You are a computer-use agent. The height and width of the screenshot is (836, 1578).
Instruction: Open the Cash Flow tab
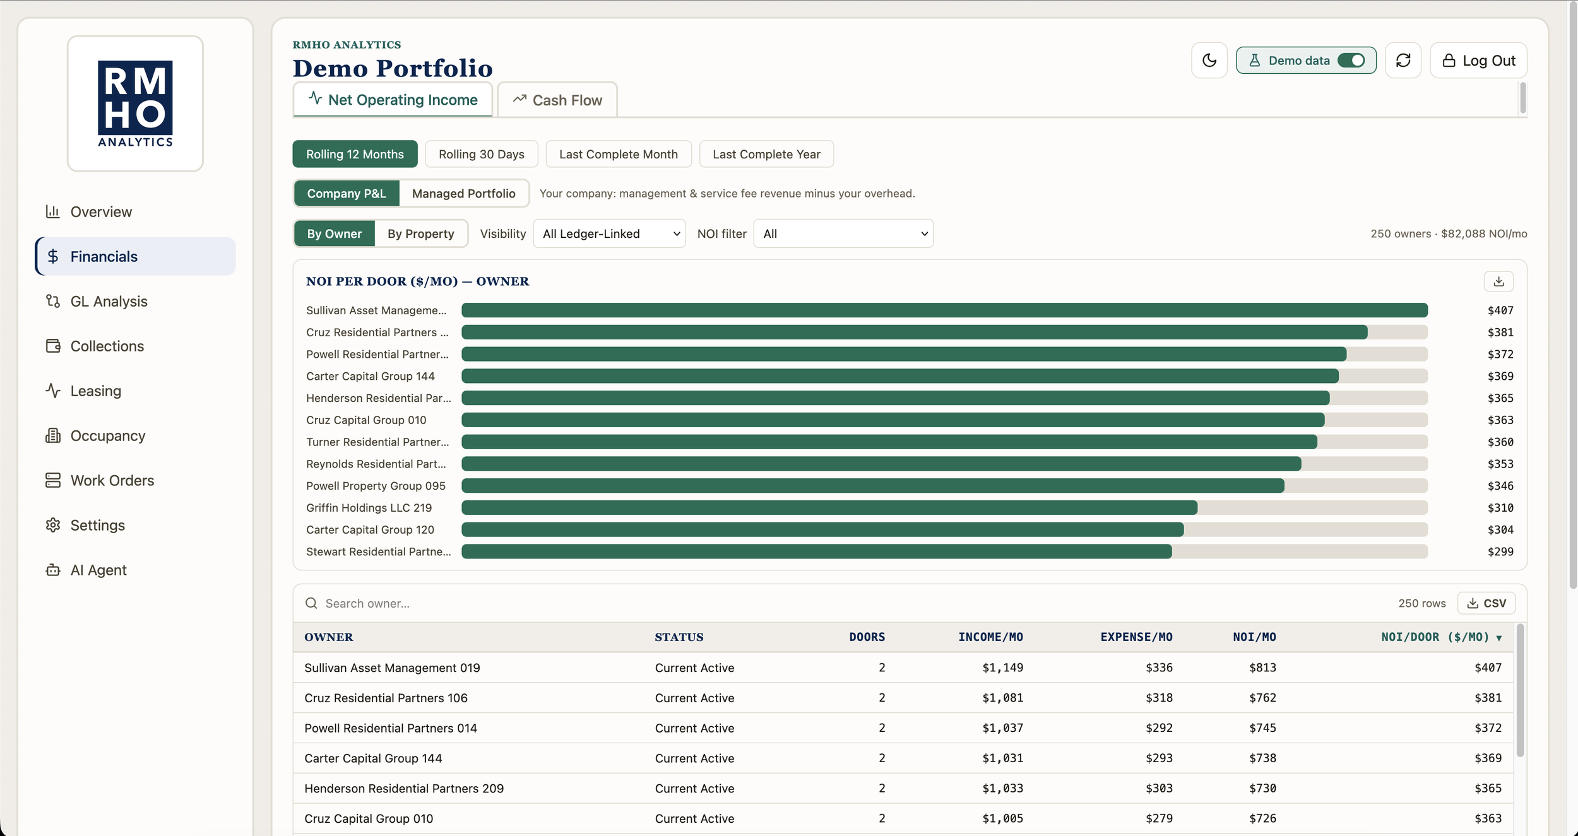[557, 100]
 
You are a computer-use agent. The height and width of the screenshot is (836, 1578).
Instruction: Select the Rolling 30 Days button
[482, 155]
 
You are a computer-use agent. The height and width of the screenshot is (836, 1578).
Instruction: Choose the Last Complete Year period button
[766, 155]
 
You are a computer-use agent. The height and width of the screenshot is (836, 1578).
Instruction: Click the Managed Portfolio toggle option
[464, 194]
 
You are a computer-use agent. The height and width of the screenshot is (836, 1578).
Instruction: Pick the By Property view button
[421, 234]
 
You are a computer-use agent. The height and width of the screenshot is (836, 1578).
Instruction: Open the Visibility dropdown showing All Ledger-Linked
[609, 234]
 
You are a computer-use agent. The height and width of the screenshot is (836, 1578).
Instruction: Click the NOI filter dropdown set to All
[843, 234]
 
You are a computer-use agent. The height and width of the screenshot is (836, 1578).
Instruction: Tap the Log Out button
[1478, 61]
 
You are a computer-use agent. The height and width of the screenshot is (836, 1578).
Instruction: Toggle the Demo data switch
[1351, 61]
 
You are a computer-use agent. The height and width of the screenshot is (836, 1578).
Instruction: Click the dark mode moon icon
[1209, 61]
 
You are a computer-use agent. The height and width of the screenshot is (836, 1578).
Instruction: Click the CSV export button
[1486, 604]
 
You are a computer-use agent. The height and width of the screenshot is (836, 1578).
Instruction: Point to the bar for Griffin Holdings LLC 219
[829, 508]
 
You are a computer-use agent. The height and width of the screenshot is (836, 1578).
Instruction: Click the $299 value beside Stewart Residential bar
[1500, 552]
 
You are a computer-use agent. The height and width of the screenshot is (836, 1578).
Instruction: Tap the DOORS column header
[867, 637]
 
